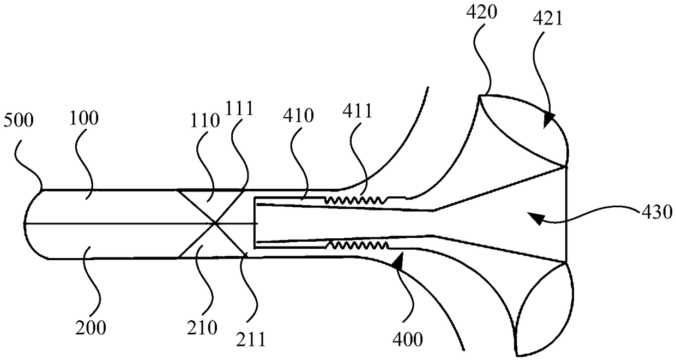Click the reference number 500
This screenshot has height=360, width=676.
point(18,121)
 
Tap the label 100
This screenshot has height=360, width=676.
point(84,118)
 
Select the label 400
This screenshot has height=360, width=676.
point(408,340)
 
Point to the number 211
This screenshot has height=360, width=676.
point(251,339)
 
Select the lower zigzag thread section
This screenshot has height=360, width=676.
point(357,245)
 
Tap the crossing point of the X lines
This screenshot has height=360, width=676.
point(216,223)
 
